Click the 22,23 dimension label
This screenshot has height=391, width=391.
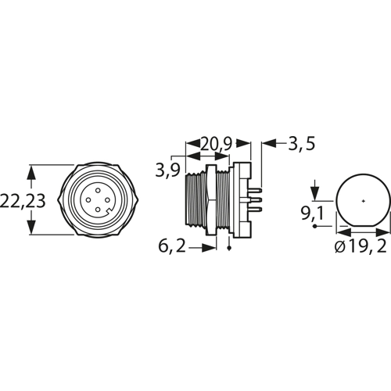point(23,201)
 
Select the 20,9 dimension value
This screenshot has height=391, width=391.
point(216,144)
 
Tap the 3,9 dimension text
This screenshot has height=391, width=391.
point(168,170)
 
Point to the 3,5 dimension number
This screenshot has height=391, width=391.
point(302,144)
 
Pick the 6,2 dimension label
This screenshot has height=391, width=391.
point(172,246)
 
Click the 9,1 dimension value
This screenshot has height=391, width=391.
point(312,213)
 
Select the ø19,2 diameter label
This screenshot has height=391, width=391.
point(361,246)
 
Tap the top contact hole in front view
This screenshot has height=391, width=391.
point(98,191)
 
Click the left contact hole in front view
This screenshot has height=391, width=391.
point(88,200)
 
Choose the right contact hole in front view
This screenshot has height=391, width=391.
point(107,200)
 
